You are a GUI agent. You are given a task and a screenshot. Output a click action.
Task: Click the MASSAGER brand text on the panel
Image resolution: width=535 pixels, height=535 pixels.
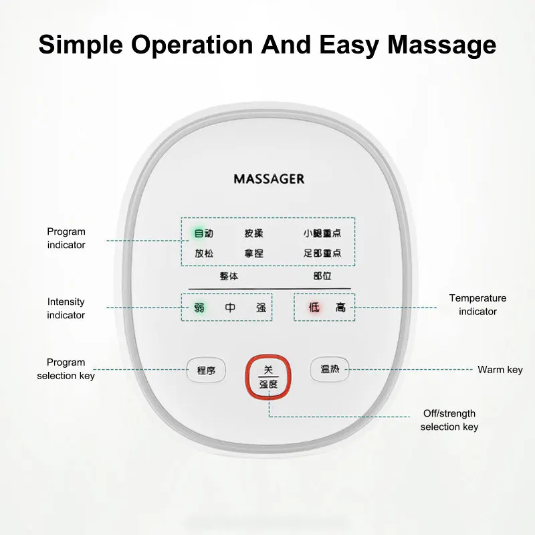click(x=269, y=179)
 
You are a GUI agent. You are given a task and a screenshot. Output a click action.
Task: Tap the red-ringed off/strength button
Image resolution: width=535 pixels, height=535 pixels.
click(x=268, y=377)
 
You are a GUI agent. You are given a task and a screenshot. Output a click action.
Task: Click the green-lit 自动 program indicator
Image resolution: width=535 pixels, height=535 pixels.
click(x=204, y=233)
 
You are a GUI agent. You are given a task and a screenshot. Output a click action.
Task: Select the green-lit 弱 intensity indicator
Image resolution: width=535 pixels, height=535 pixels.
click(x=199, y=308)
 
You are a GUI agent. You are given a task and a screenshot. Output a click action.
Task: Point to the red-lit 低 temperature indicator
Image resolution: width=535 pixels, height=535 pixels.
click(x=314, y=308)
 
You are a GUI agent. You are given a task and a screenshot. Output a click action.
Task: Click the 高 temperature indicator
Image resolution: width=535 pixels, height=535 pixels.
click(x=340, y=308)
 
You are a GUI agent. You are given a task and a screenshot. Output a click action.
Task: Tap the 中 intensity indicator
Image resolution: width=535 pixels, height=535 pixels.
click(x=230, y=308)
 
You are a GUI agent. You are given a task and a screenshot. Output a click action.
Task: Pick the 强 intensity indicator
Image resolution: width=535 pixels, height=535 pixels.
click(x=261, y=308)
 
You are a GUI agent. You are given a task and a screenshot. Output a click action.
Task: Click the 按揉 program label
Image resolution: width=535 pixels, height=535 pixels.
click(x=253, y=233)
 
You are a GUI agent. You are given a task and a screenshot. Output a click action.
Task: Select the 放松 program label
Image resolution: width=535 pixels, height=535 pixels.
click(x=204, y=253)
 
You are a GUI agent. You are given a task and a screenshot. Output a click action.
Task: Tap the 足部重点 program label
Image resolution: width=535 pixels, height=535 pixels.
click(x=322, y=253)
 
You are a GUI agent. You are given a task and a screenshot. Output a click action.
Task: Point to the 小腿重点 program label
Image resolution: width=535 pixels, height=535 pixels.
click(x=322, y=233)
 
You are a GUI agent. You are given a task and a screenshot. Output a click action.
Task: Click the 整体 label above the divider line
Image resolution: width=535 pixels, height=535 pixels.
click(x=229, y=276)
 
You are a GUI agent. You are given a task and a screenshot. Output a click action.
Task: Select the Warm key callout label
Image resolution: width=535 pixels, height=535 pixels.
click(x=500, y=370)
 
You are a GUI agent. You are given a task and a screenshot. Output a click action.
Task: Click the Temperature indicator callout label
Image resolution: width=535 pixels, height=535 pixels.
click(x=477, y=305)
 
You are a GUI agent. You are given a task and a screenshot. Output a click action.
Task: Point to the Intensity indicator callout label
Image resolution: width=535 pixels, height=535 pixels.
click(x=66, y=308)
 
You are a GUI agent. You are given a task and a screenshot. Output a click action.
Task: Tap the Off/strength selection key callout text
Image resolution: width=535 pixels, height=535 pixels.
click(x=449, y=420)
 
